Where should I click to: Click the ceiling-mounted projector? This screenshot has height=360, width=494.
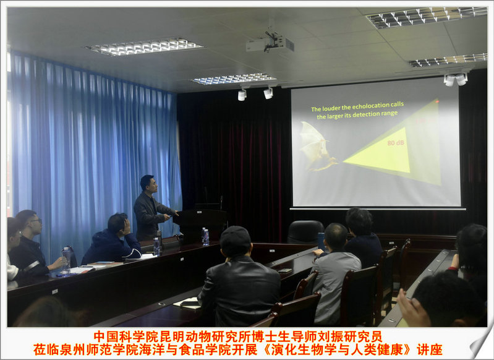click(x=270, y=44)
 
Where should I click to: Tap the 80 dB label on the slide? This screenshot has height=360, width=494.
click(x=396, y=143)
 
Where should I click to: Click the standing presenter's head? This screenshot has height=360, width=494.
click(x=148, y=184)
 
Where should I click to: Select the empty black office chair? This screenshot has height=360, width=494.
click(x=305, y=232)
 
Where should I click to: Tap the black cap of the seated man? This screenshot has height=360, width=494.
click(x=235, y=236)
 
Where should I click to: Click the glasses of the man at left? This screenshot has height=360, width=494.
click(x=36, y=221)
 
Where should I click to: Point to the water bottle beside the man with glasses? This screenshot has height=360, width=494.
click(x=66, y=261)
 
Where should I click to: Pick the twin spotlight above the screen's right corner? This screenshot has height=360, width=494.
click(x=456, y=79)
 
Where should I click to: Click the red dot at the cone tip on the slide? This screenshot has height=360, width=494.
click(x=437, y=101)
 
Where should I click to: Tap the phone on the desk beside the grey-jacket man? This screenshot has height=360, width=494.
click(x=285, y=270)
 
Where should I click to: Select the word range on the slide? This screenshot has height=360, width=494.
click(x=390, y=113)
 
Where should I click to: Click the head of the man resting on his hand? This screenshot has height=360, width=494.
click(x=118, y=223)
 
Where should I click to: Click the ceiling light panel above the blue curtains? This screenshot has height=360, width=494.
click(x=143, y=46)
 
